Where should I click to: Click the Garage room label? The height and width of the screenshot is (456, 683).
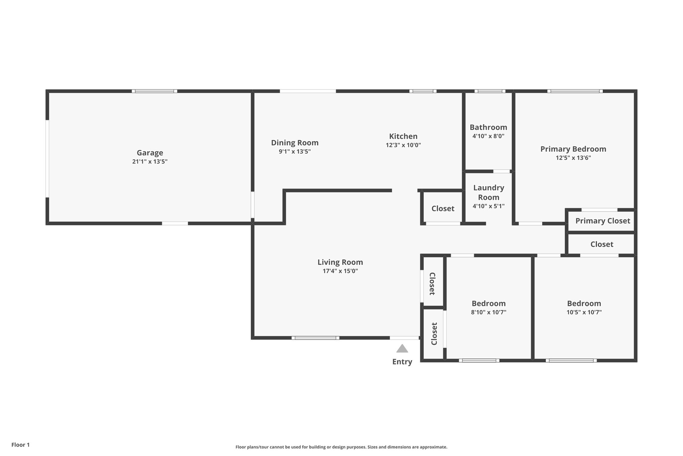[150, 153]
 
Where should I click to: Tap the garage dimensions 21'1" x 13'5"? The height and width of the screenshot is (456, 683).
[150, 161]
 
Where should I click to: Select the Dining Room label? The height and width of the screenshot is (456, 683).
[295, 143]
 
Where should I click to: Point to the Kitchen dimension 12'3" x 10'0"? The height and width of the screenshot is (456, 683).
[403, 145]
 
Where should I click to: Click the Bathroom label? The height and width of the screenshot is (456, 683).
[488, 127]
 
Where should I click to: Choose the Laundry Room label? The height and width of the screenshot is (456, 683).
[488, 192]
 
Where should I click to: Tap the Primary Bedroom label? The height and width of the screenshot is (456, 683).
[573, 149]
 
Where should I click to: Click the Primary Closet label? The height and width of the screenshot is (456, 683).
[603, 221]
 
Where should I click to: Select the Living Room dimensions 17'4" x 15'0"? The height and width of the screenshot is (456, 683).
[340, 271]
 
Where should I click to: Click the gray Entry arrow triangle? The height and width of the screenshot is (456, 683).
[402, 349]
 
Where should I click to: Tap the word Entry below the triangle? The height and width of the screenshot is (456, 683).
[402, 362]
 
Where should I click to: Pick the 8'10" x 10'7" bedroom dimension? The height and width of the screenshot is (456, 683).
[488, 312]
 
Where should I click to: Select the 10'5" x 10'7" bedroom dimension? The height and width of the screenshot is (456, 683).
[584, 312]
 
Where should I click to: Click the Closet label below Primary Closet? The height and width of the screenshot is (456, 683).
[602, 244]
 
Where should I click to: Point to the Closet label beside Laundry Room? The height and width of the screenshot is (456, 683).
[443, 209]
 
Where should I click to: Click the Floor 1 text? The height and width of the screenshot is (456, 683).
[21, 445]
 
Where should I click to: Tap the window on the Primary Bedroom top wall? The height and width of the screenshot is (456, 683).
[575, 91]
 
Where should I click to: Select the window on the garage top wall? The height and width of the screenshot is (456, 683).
[154, 91]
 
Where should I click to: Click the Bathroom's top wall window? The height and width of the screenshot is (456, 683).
[490, 91]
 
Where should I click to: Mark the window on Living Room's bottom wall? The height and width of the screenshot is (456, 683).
[316, 338]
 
